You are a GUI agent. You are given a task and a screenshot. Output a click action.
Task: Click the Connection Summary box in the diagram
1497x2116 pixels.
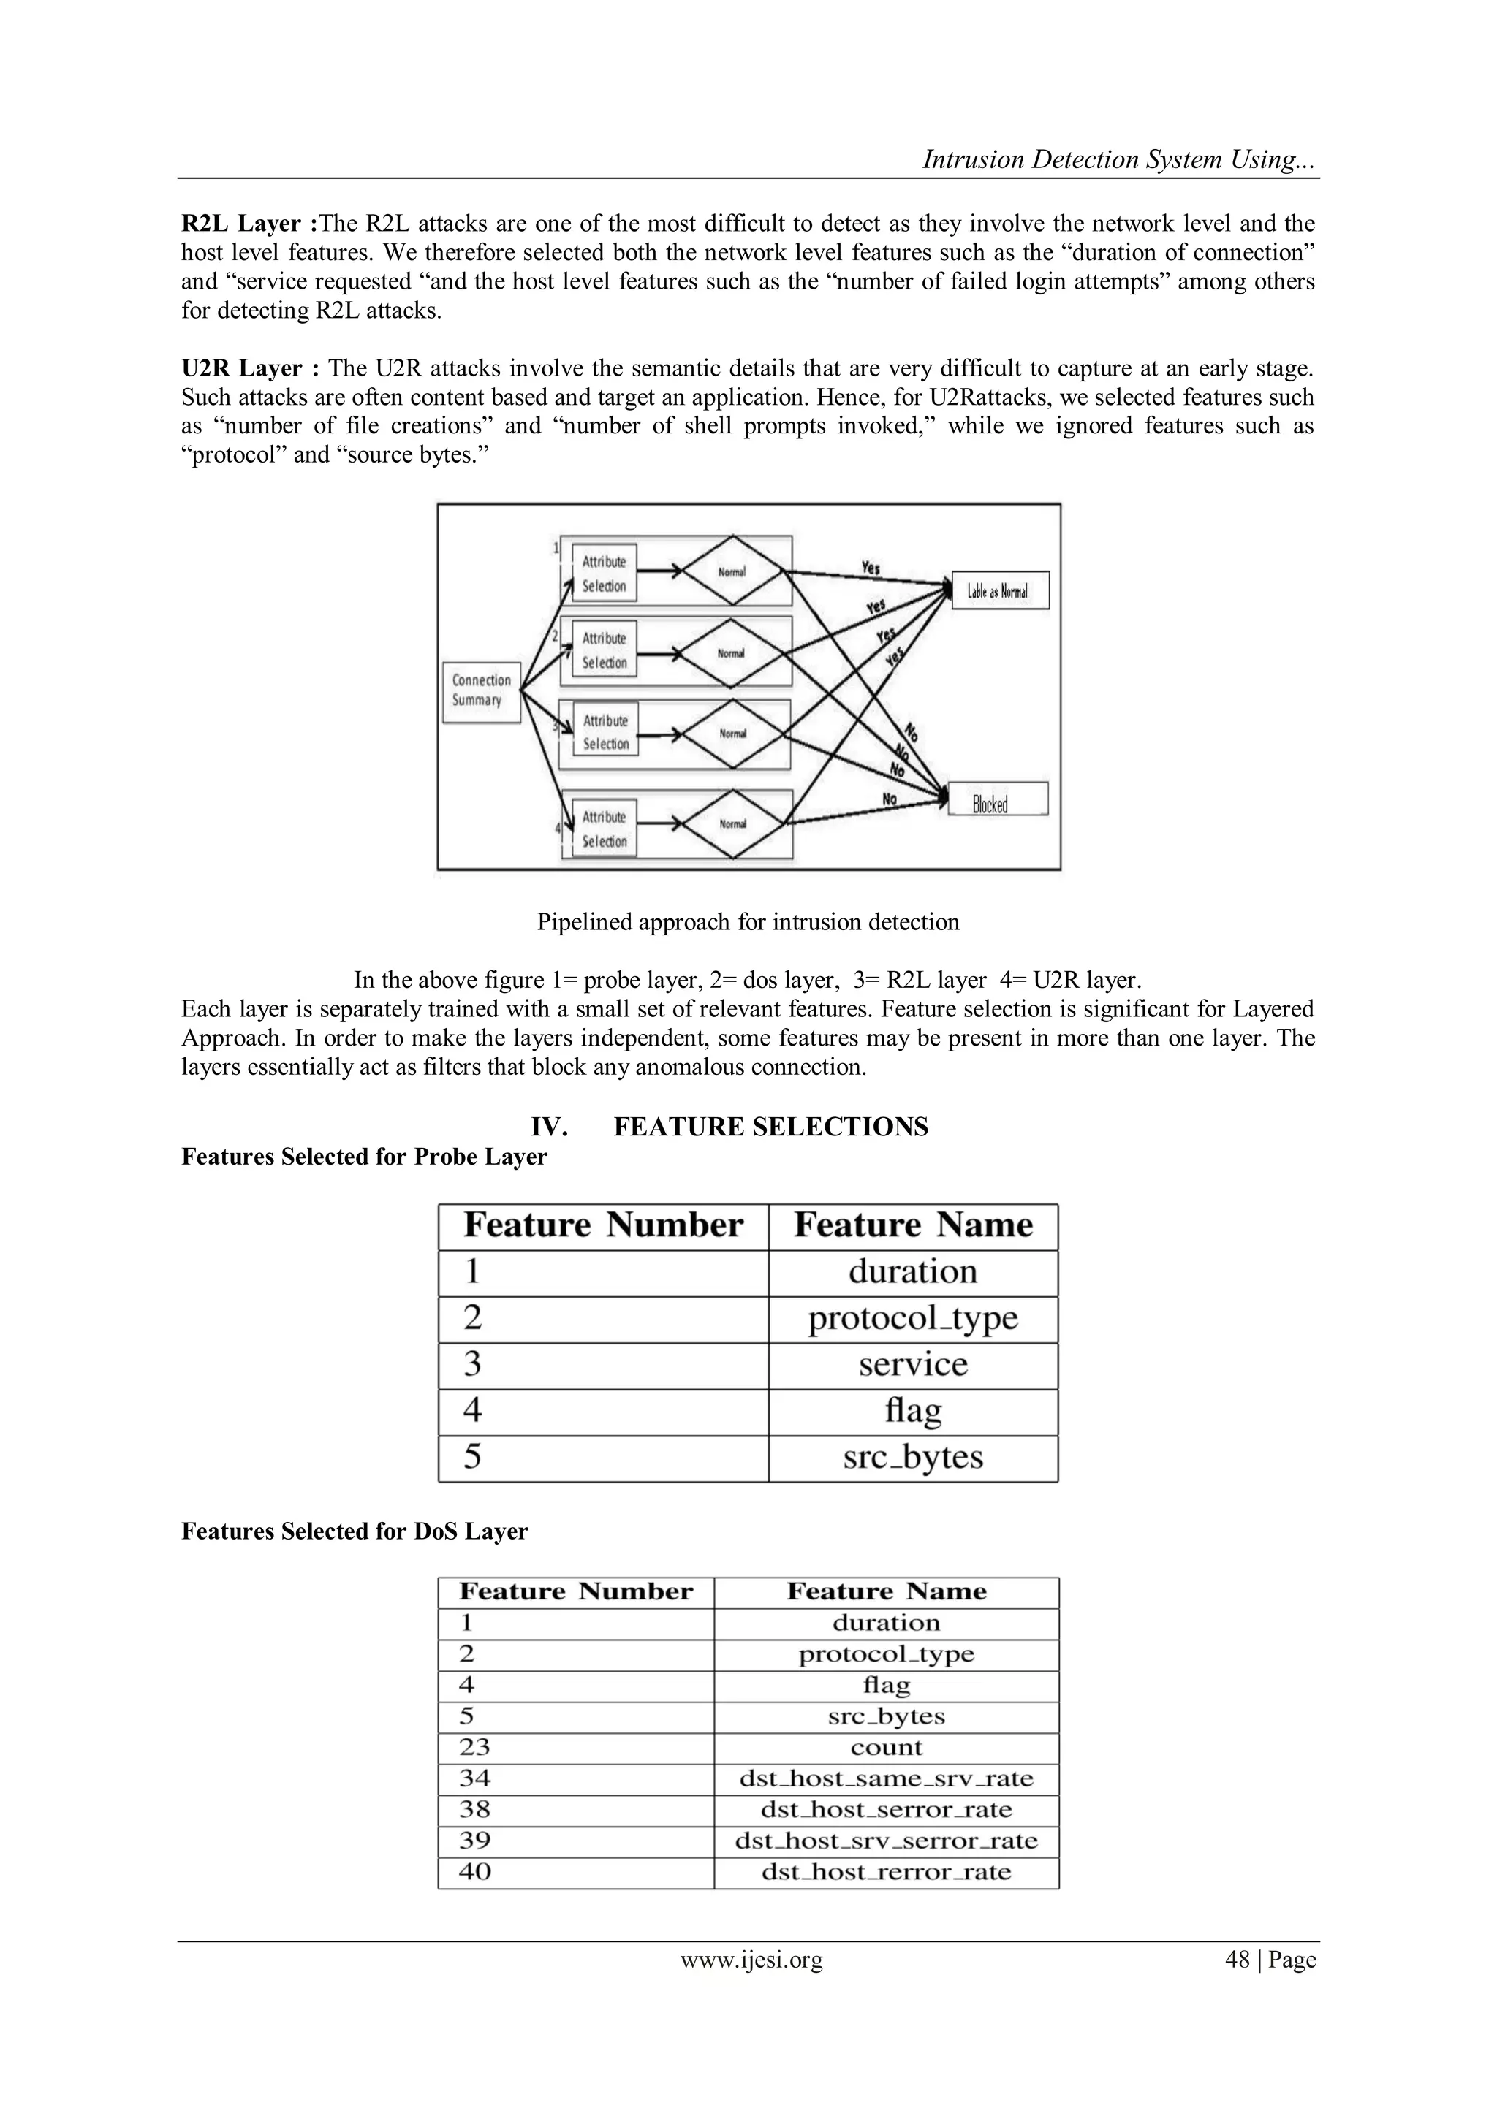tap(481, 691)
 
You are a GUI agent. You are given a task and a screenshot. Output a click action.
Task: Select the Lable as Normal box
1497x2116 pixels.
tap(999, 591)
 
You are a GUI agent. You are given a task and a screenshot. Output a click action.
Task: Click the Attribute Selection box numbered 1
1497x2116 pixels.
tap(605, 574)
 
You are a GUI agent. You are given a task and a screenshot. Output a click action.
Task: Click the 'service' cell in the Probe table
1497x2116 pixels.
tap(912, 1365)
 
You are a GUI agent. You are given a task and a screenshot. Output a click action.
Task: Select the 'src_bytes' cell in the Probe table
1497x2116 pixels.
tap(912, 1457)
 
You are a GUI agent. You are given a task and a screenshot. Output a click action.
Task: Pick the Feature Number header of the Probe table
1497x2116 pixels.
tap(603, 1226)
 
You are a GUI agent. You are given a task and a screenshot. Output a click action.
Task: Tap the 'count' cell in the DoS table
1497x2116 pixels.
tap(886, 1747)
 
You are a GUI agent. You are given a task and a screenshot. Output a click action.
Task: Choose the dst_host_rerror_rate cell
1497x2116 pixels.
tap(886, 1872)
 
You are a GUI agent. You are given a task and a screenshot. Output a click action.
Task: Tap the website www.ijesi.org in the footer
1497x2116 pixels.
tap(751, 1960)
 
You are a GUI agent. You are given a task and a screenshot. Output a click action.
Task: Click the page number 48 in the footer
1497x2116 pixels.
tap(1236, 1960)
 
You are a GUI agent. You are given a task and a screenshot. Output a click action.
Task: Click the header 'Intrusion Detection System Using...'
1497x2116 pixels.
tap(1119, 159)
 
